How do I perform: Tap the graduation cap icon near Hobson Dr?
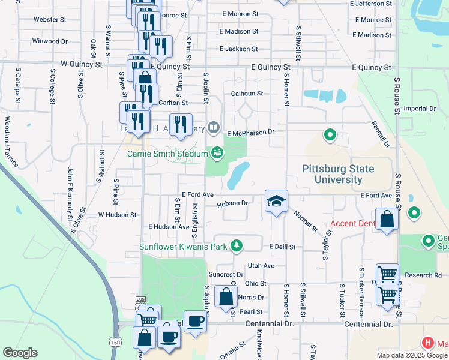point(276,202)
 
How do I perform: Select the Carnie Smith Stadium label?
point(167,153)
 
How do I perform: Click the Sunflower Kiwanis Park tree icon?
point(237,245)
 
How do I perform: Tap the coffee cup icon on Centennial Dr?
point(195,322)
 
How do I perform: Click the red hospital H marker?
point(428,344)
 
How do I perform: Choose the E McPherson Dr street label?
point(250,132)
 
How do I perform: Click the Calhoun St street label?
point(247,94)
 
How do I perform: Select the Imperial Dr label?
point(420,109)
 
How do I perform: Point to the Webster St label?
point(50,19)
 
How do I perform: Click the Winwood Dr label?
point(50,41)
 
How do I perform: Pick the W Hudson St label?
point(118,214)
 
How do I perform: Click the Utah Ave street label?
point(261,265)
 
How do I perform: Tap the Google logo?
point(20,353)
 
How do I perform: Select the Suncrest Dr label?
point(226,274)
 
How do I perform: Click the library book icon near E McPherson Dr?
point(214,127)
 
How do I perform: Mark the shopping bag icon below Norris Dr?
point(226,297)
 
